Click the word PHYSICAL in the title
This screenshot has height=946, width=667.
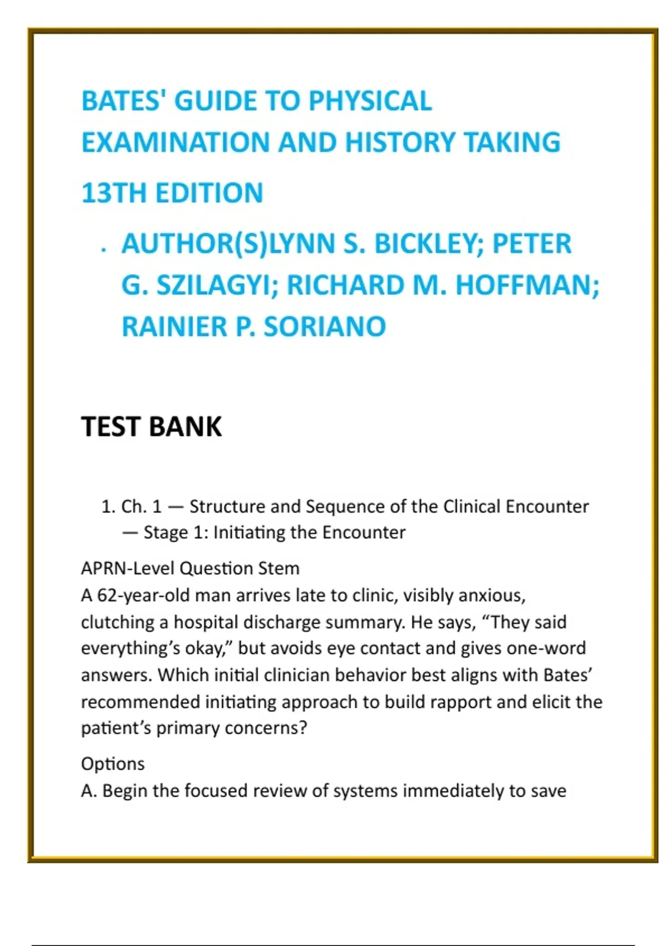click(370, 101)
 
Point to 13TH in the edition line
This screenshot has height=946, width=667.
click(115, 194)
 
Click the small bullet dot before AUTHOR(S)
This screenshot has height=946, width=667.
click(103, 250)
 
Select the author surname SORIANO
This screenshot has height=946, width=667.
click(325, 327)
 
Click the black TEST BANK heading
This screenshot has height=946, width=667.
click(151, 427)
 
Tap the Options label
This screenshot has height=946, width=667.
click(113, 763)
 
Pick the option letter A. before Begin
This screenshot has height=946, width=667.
click(89, 791)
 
